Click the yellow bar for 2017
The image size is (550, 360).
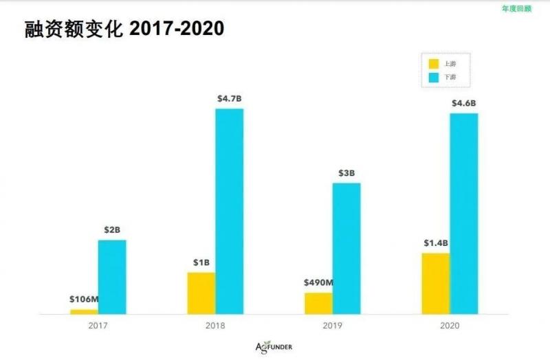click(84, 311)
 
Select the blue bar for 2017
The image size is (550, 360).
click(112, 277)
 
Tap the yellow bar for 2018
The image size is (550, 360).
click(201, 293)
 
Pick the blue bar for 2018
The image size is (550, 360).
click(229, 211)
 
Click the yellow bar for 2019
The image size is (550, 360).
click(318, 303)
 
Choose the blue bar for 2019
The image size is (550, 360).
click(346, 248)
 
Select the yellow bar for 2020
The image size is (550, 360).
click(436, 283)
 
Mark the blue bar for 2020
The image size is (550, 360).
click(464, 213)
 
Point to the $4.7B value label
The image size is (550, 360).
click(229, 99)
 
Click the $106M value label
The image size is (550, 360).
click(84, 299)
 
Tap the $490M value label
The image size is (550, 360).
click(318, 282)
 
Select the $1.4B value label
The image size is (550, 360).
click(436, 243)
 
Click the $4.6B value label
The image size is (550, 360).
click(464, 103)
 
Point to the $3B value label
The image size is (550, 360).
click(346, 172)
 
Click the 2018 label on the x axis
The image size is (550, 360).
click(214, 326)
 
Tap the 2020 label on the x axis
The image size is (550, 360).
click(450, 326)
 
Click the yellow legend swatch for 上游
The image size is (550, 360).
click(434, 63)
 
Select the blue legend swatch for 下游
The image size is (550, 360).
click(434, 78)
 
